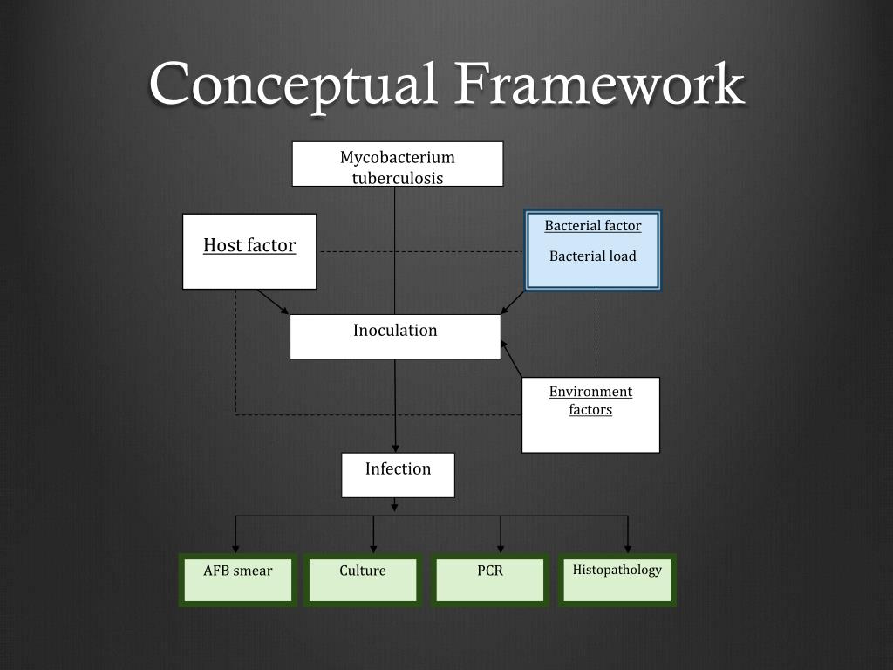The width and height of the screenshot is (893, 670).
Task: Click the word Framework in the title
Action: [x=599, y=85]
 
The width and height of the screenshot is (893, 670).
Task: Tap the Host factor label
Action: [x=249, y=246]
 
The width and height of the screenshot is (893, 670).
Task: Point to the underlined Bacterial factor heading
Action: [x=593, y=226]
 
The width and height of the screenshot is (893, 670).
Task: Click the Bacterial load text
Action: [x=593, y=256]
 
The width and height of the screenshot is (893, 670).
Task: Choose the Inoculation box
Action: [x=395, y=336]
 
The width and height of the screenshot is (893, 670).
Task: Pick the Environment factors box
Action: [x=590, y=414]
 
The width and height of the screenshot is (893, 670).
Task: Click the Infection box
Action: [x=398, y=475]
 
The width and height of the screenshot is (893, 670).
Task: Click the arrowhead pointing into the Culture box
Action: [x=373, y=548]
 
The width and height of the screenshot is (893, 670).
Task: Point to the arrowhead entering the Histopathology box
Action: [x=627, y=548]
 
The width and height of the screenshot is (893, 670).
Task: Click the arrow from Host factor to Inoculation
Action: [x=273, y=302]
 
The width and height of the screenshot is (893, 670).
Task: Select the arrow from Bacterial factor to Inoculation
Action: [x=513, y=302]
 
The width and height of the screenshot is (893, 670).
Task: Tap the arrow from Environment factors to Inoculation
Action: [x=511, y=359]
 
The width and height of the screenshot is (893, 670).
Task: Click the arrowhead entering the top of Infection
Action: [x=397, y=447]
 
